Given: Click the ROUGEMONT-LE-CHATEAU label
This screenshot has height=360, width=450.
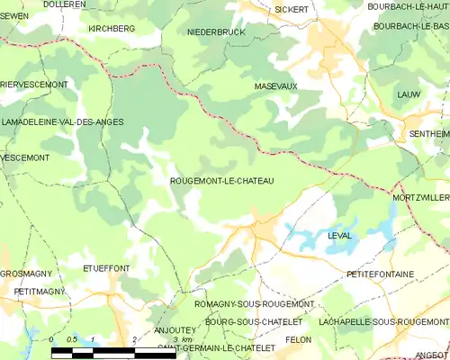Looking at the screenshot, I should coord(221,181).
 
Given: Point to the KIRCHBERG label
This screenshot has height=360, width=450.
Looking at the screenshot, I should coord(112,29).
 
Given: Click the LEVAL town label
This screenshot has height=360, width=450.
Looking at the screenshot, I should coord(339,236).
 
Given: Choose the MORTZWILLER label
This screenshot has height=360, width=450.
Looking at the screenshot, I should coord(420,197).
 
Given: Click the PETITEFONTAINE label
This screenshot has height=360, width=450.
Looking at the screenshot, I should coord(380,273).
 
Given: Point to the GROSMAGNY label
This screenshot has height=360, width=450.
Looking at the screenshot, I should coord(26,273).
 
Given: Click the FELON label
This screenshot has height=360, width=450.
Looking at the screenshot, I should coord(298,339).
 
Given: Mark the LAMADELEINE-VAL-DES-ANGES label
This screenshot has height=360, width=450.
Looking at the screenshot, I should coord(62,121).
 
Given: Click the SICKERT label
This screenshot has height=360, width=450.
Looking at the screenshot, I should coord(291,9).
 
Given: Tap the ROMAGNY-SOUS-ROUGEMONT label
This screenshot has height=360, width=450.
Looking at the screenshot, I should coord(242,304).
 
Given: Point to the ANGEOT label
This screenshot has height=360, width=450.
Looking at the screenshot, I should coord(433,355).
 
